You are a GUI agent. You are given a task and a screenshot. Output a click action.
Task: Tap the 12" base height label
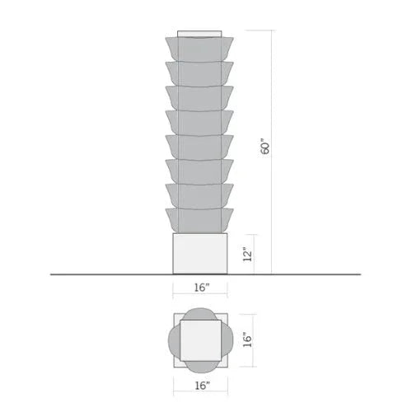pos(246,254)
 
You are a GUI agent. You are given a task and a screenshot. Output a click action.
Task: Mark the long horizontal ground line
pos(82,274)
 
